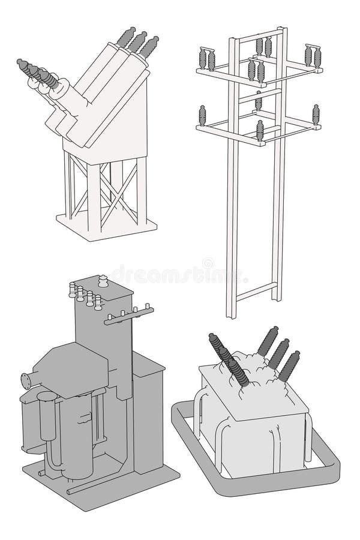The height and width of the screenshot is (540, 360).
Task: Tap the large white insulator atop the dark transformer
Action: point(103,283)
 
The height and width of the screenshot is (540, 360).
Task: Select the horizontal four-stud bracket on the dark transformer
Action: point(128,315)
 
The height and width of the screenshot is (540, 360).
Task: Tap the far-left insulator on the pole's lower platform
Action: point(202,114)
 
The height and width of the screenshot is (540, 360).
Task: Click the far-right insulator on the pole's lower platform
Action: point(316,115)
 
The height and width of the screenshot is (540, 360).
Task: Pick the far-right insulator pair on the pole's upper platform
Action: point(312,56)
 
